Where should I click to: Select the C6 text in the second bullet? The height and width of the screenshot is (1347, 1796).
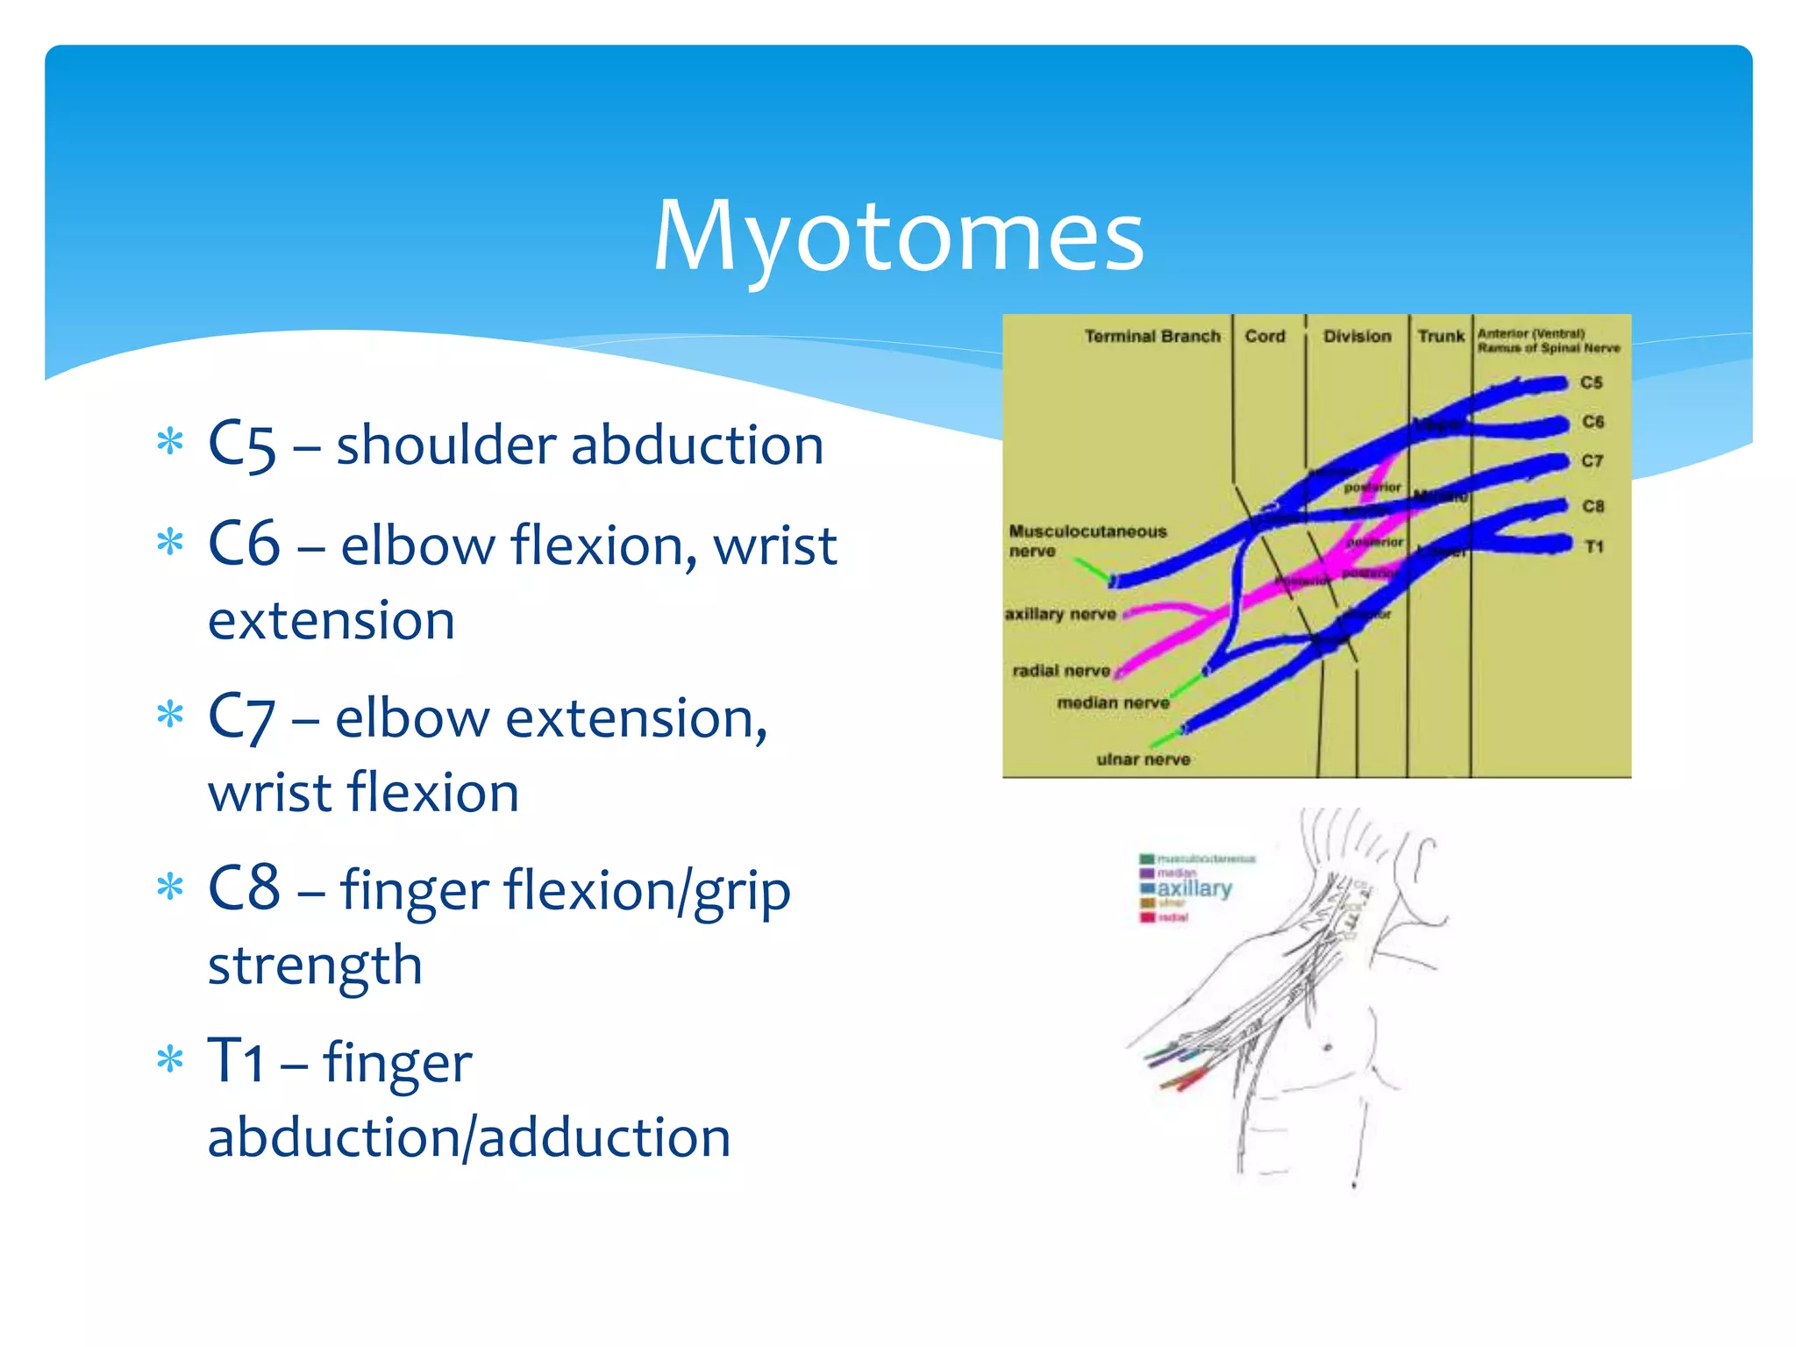(x=244, y=545)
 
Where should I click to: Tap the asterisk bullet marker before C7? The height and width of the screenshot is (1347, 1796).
(x=169, y=716)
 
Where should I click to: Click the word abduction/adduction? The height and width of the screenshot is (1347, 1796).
(x=469, y=1137)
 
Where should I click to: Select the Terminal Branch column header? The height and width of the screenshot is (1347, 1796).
(x=1151, y=337)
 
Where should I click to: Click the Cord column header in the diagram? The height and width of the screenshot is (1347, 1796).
(x=1265, y=337)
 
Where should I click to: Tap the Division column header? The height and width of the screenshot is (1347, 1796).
(x=1357, y=337)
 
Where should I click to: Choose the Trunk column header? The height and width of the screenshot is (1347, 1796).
(x=1440, y=337)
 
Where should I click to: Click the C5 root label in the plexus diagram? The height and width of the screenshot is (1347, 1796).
(x=1591, y=383)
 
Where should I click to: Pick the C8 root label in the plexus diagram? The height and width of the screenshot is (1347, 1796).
(x=1593, y=507)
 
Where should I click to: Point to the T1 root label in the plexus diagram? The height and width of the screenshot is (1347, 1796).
(x=1593, y=547)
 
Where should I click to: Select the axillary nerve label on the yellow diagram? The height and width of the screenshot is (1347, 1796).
(x=1060, y=615)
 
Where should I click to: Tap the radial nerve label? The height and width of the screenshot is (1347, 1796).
(x=1061, y=672)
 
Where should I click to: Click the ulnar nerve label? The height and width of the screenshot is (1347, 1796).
(x=1143, y=760)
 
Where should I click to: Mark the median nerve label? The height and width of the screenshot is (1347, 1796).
(x=1113, y=703)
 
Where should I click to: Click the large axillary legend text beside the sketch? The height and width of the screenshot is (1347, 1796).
(x=1194, y=889)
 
